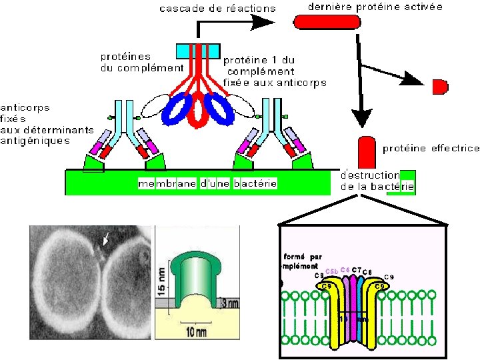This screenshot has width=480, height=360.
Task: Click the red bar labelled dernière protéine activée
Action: [x=327, y=21]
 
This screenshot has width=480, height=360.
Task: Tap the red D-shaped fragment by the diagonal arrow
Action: [x=439, y=87]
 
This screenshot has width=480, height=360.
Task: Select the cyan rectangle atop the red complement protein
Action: [x=198, y=51]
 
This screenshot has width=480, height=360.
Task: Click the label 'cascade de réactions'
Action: [x=217, y=8]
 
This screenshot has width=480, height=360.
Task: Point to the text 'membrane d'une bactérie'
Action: [x=207, y=183]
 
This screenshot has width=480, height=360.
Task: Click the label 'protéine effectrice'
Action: [x=431, y=148]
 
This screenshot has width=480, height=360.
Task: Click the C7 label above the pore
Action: [x=357, y=270]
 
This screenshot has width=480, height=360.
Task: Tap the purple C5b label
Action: [x=331, y=271]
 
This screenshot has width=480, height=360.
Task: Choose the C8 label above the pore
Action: [x=367, y=272]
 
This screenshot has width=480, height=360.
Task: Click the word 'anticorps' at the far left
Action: [x=25, y=107]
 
